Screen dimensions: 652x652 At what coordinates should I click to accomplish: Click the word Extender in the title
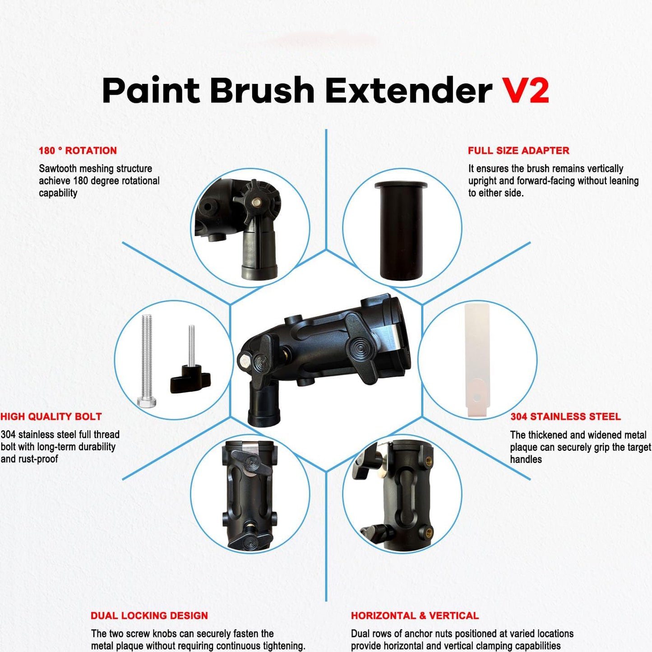(x=409, y=90)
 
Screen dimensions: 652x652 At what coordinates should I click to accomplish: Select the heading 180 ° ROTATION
(x=78, y=151)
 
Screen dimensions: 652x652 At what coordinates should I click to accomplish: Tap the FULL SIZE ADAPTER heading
(x=518, y=151)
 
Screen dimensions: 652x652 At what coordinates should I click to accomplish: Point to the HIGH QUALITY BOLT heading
(x=51, y=416)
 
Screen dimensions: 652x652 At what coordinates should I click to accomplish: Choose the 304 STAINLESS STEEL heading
(x=565, y=416)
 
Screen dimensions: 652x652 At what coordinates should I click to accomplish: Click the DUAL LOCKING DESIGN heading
(x=149, y=615)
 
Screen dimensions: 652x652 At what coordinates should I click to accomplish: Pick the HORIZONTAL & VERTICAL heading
(x=415, y=615)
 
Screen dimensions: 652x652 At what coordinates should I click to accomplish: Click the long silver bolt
(x=147, y=361)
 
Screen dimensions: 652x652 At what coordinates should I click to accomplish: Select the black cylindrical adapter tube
(x=401, y=231)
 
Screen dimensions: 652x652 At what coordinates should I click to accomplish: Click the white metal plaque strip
(x=477, y=360)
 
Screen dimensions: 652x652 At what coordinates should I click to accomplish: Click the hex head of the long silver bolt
(x=147, y=402)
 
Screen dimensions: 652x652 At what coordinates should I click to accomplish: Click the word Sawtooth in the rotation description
(x=58, y=168)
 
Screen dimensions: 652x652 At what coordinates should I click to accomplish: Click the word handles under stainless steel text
(x=526, y=459)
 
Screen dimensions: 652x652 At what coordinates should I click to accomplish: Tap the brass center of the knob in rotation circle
(x=257, y=202)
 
